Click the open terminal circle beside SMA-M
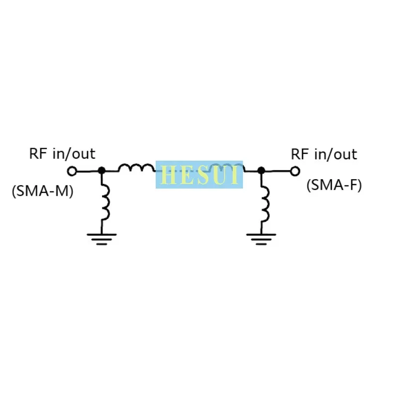72,171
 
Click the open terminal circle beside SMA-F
295,171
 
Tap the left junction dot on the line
101,171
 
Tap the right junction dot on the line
261,171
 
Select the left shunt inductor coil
105,201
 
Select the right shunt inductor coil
264,201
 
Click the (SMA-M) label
42,191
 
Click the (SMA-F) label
334,186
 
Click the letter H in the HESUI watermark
168,175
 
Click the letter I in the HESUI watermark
235,175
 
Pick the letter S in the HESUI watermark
201,175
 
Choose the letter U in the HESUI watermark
219,175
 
